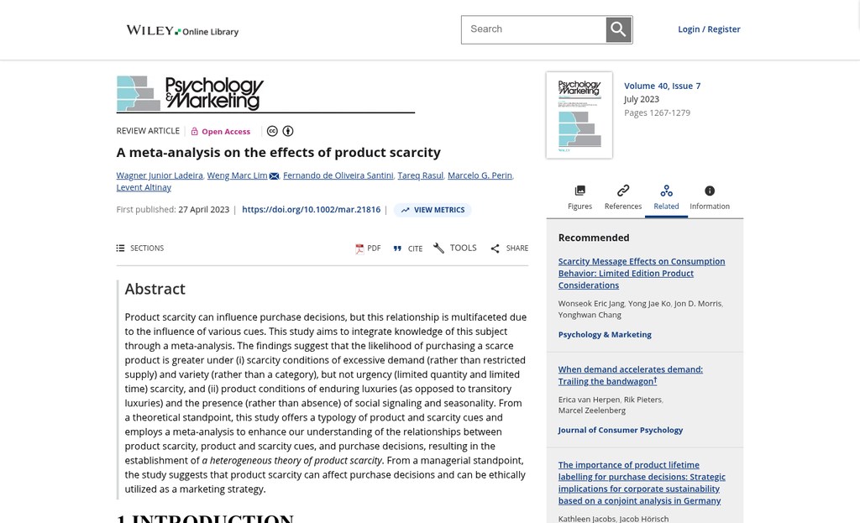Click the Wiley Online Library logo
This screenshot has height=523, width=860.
[182, 31]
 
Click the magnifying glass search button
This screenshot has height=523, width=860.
[618, 30]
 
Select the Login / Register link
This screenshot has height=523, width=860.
[709, 29]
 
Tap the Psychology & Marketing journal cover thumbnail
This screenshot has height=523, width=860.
[579, 115]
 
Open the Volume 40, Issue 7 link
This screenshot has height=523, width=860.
[662, 86]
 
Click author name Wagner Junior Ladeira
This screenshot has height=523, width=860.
[160, 175]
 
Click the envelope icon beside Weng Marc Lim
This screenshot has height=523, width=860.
[275, 176]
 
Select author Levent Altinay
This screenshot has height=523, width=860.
[144, 187]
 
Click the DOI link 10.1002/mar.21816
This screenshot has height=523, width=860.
[311, 210]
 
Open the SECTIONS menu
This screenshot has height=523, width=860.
[140, 248]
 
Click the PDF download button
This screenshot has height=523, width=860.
[368, 248]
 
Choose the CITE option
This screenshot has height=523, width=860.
[408, 248]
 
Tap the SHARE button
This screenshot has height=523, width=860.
[509, 248]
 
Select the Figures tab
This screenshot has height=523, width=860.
[579, 197]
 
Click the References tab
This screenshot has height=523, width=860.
[623, 197]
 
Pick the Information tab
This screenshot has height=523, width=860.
[710, 197]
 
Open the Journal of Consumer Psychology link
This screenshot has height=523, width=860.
[620, 430]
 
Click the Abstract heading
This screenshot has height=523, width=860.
[155, 289]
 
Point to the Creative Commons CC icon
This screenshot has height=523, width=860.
[272, 131]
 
